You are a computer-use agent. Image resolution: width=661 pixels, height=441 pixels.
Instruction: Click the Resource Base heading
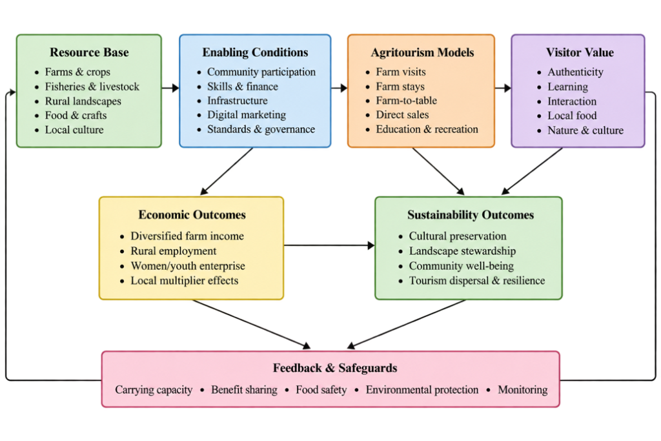[x=89, y=52]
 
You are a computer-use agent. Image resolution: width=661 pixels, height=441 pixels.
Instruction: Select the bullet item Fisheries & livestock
[x=92, y=87]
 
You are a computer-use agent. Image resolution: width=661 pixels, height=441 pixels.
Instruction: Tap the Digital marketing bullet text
[x=246, y=115]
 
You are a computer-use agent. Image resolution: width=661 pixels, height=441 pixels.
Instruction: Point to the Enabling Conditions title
[x=255, y=52]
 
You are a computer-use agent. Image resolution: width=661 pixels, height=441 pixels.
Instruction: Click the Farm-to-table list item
[x=407, y=100]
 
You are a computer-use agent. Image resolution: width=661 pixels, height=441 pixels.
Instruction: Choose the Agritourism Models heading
[x=422, y=52]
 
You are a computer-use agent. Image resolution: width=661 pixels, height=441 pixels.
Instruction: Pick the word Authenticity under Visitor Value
[x=575, y=72]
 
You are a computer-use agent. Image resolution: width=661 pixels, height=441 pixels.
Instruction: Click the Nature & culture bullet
[x=585, y=130]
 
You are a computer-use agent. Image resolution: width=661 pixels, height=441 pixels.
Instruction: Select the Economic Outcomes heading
[x=192, y=214]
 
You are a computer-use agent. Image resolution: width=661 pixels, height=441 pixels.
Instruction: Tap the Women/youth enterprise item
[x=188, y=265]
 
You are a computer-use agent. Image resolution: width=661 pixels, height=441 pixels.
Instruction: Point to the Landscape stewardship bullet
[x=462, y=251]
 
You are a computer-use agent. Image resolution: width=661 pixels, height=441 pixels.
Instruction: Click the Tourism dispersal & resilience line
[x=477, y=280]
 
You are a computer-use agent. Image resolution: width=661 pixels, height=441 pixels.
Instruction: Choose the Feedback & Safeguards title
[x=335, y=368]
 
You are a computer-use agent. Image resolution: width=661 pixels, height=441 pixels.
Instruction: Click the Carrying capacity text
[x=154, y=389]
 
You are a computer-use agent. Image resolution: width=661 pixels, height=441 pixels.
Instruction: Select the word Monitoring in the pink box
[x=523, y=389]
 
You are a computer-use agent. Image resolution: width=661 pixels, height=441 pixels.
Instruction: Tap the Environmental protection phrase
[x=422, y=389]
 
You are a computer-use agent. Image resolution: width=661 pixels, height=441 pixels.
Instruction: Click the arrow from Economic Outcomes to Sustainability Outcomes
[x=329, y=245]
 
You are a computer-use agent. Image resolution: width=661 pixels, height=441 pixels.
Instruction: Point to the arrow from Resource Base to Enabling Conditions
[x=170, y=88]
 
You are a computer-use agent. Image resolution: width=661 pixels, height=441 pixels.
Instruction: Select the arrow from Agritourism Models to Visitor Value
[x=503, y=88]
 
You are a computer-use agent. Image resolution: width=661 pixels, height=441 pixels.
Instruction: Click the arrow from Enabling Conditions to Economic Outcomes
[x=227, y=171]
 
